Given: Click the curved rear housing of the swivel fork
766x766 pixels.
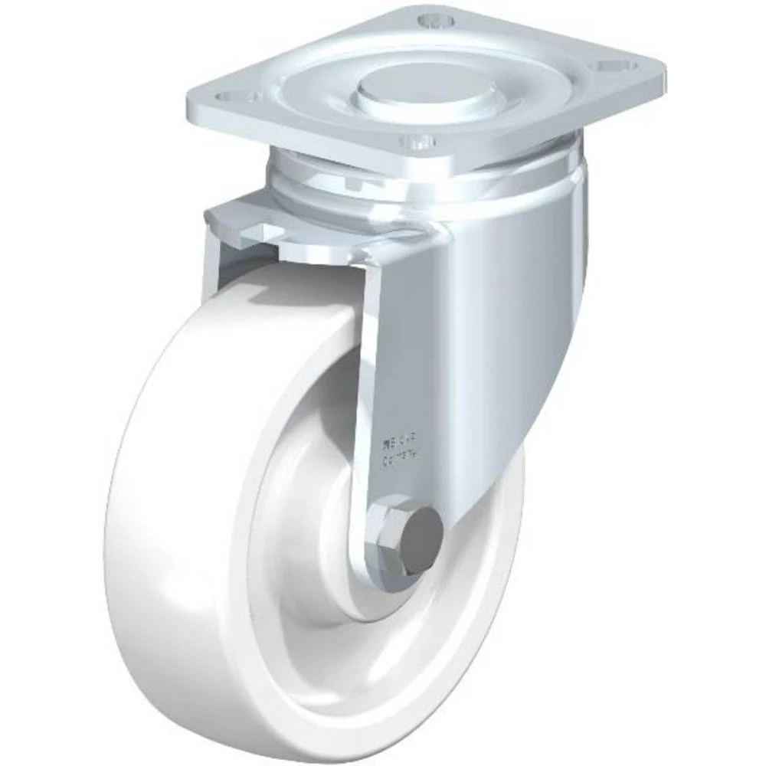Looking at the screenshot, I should point(529,306).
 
